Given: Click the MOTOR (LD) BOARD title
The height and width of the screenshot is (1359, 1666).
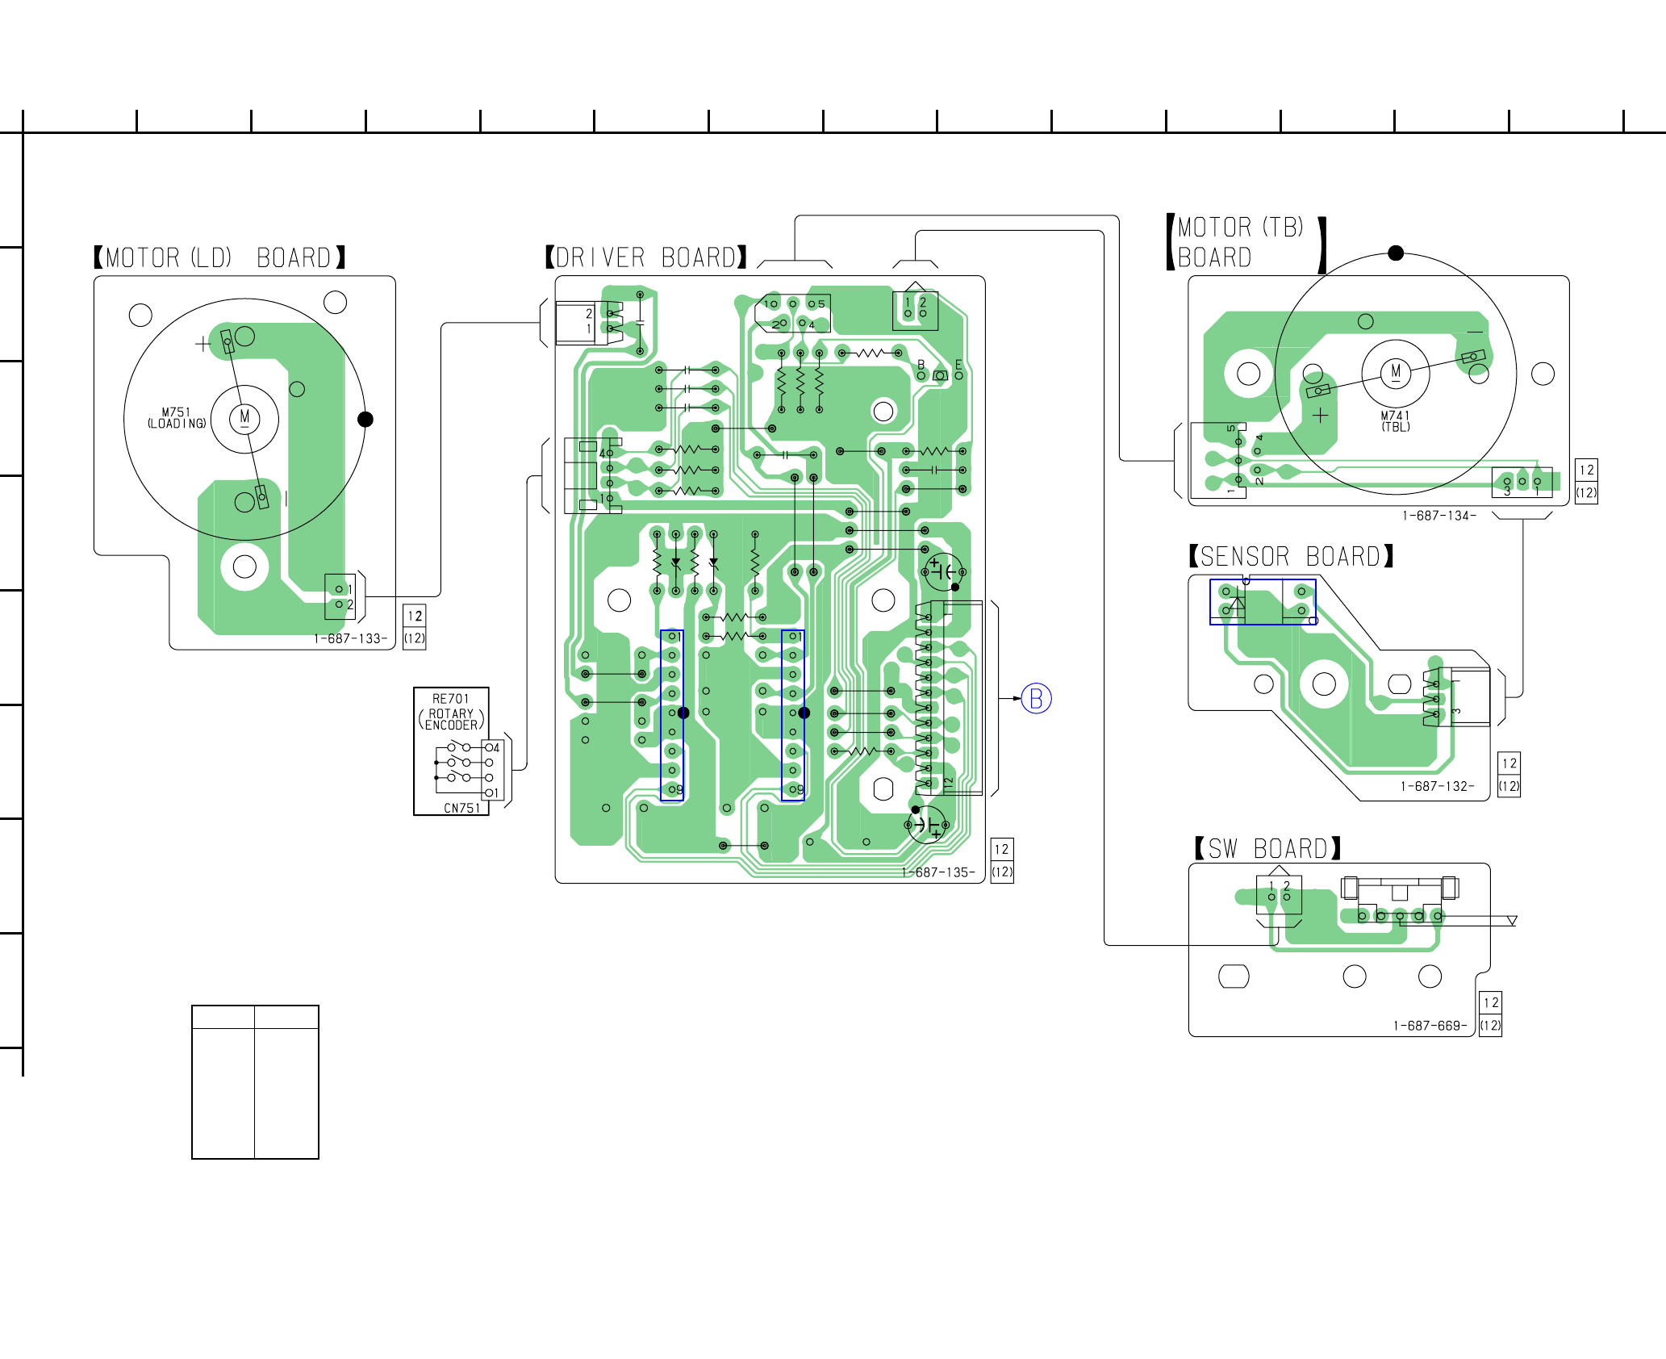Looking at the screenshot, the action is pos(219,257).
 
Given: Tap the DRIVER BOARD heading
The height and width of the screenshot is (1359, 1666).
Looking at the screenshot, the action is pos(645,257).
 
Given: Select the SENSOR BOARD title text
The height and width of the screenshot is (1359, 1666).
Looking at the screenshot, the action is pos(1291,556).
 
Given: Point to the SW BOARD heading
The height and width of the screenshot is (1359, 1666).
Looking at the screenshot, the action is pos(1268,848).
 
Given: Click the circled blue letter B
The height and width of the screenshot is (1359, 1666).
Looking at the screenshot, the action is pos(1037,698).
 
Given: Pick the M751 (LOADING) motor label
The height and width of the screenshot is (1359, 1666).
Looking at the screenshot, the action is pos(177,418).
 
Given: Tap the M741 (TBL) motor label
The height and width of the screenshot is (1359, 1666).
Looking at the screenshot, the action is pos(1396,421).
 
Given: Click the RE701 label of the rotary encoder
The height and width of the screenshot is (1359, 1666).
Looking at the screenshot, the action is pos(450,699).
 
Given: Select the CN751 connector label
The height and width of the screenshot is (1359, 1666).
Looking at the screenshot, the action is pos(461,808).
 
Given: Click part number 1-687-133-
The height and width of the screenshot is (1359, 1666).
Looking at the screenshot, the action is pos(350,638).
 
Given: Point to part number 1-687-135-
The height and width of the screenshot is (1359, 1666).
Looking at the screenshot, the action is pos(937,872).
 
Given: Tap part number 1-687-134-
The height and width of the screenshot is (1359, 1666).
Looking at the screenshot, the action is pos(1439,516).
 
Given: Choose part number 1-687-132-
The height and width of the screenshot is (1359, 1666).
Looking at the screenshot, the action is pos(1437,786).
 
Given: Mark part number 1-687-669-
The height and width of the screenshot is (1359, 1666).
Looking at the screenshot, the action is pos(1430,1026).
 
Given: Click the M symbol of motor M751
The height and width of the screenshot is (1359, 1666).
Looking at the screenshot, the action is pos(244,418).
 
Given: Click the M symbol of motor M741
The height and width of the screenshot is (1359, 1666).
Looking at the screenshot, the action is pos(1396,372).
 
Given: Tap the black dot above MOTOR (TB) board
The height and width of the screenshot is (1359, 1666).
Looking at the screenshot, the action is pos(1396,253).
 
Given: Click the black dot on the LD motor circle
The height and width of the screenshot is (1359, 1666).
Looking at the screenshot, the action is pos(365,419).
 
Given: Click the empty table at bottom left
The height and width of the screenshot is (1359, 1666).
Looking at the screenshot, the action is pos(255,1082).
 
